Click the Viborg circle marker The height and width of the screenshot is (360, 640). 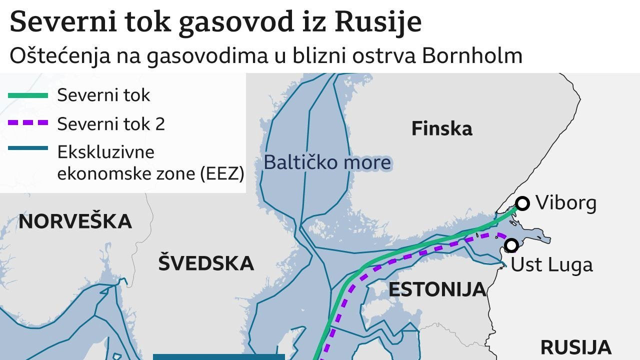522,203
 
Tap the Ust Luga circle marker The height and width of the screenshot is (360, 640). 511,245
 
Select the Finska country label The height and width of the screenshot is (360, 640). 441,129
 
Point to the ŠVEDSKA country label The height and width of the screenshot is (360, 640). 206,263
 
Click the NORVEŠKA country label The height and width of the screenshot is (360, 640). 75,221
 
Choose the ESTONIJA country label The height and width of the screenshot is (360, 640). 437,289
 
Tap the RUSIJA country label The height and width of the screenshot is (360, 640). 575,347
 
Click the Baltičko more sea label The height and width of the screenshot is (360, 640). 327,162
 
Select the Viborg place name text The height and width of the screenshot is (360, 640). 565,203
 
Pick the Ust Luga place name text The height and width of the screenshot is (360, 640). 551,264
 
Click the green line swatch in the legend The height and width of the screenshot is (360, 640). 28,95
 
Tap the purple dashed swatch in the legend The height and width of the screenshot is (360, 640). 28,123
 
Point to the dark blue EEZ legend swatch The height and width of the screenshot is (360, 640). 28,148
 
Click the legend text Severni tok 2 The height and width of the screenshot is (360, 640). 111,124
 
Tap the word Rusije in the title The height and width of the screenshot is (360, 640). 378,22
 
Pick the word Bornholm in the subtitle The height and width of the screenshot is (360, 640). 472,56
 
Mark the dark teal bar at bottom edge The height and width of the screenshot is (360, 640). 218,356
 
